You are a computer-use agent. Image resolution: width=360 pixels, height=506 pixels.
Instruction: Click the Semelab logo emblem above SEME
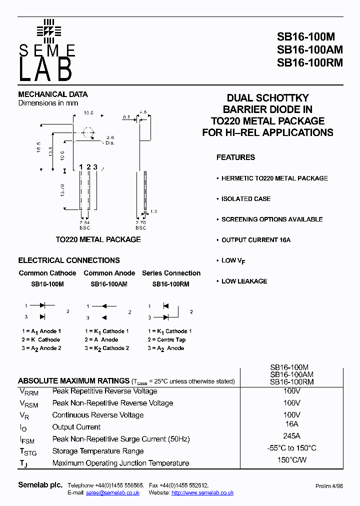click(x=48, y=30)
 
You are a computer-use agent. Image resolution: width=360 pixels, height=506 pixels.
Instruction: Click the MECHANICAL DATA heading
click(x=53, y=94)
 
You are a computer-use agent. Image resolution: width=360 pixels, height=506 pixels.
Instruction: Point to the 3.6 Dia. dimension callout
click(x=110, y=140)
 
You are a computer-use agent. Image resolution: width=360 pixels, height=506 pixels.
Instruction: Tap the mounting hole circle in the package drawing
click(x=88, y=133)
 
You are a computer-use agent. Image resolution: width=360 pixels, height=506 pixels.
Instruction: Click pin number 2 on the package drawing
click(x=88, y=166)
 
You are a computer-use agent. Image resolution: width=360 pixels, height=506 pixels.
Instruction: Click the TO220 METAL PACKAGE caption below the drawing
click(x=98, y=239)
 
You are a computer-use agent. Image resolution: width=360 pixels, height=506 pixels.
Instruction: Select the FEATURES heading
click(x=235, y=157)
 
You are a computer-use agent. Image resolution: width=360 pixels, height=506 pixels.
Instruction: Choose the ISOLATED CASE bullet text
click(x=246, y=198)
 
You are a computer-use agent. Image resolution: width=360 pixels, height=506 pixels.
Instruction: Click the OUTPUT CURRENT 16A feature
click(x=256, y=240)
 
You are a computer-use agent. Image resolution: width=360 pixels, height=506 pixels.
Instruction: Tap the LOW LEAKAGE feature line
click(x=244, y=281)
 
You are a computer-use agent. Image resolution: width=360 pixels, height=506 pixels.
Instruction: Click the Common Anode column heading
click(x=109, y=273)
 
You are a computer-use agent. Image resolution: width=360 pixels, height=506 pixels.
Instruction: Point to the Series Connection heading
click(x=171, y=273)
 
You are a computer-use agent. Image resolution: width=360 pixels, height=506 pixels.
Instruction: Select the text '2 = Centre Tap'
click(x=166, y=339)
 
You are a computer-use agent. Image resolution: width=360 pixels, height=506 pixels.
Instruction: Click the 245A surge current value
click(x=291, y=435)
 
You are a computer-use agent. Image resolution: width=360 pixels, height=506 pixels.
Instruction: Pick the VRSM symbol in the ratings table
click(x=28, y=403)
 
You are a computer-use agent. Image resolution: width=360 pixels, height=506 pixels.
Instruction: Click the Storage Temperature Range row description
click(x=98, y=451)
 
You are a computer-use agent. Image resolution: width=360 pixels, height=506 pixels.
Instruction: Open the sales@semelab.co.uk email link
click(x=112, y=492)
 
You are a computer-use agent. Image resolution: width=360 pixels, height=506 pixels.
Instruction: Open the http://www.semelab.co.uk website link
click(x=202, y=492)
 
